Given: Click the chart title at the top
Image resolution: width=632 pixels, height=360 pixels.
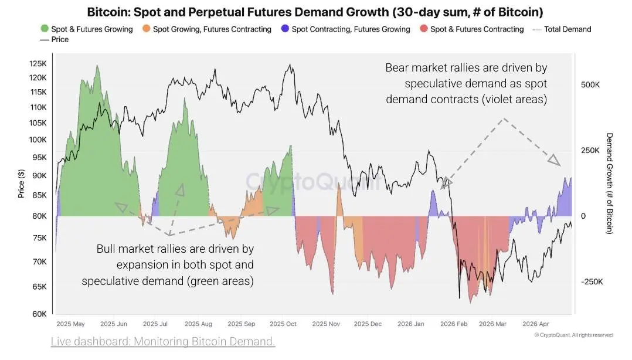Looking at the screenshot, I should (315, 12).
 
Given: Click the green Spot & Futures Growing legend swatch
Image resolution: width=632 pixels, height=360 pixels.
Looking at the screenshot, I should (45, 29).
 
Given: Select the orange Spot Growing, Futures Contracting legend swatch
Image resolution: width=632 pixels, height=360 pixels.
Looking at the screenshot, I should (147, 29).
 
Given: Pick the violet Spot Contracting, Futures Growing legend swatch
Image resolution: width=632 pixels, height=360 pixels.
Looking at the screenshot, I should (285, 29).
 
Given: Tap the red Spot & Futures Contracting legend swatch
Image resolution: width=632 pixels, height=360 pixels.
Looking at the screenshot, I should (423, 29).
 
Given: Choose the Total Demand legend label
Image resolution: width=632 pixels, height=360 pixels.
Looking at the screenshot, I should (568, 29).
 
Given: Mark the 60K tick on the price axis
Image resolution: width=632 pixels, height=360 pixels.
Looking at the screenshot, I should (39, 314).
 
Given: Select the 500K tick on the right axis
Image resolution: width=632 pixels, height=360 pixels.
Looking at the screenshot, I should (590, 84).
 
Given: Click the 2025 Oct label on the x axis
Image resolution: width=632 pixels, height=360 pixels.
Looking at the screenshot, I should (283, 324).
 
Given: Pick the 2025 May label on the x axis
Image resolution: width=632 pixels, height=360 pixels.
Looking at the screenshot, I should (71, 324).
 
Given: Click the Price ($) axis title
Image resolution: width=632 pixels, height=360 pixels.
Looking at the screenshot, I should (21, 183).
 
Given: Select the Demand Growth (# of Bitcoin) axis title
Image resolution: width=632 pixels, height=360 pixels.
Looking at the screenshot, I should (609, 183).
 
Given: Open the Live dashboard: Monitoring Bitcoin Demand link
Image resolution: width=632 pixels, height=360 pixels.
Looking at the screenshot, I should (163, 341).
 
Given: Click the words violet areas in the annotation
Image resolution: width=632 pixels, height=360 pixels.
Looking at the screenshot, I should (514, 99).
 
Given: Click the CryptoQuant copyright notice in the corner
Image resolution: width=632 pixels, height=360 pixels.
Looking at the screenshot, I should (573, 335).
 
